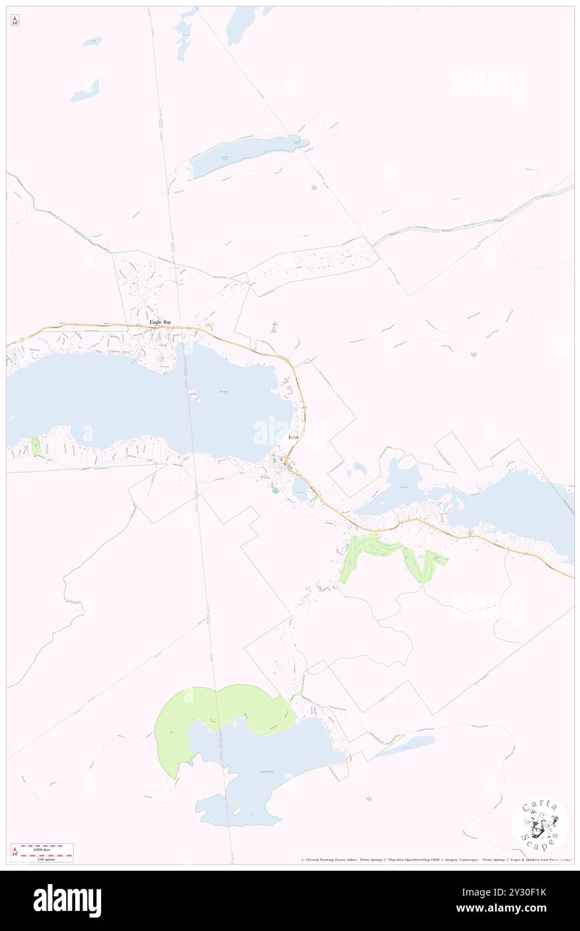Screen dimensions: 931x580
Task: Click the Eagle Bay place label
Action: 160,323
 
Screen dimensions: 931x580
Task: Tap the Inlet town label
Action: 293,437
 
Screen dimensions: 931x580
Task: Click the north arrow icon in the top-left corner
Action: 15,21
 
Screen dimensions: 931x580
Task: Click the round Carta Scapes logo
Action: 540,823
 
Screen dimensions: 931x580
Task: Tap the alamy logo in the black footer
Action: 67,900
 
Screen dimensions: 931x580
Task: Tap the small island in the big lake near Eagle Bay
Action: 195,393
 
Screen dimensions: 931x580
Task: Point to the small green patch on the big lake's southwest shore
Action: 35,447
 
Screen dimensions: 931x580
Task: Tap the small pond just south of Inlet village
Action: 299,493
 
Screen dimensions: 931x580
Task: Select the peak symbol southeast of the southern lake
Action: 368,798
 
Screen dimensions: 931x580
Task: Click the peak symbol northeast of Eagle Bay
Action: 273,327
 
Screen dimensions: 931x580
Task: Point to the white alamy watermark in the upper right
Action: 487,86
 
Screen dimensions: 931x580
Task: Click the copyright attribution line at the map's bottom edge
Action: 435,860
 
